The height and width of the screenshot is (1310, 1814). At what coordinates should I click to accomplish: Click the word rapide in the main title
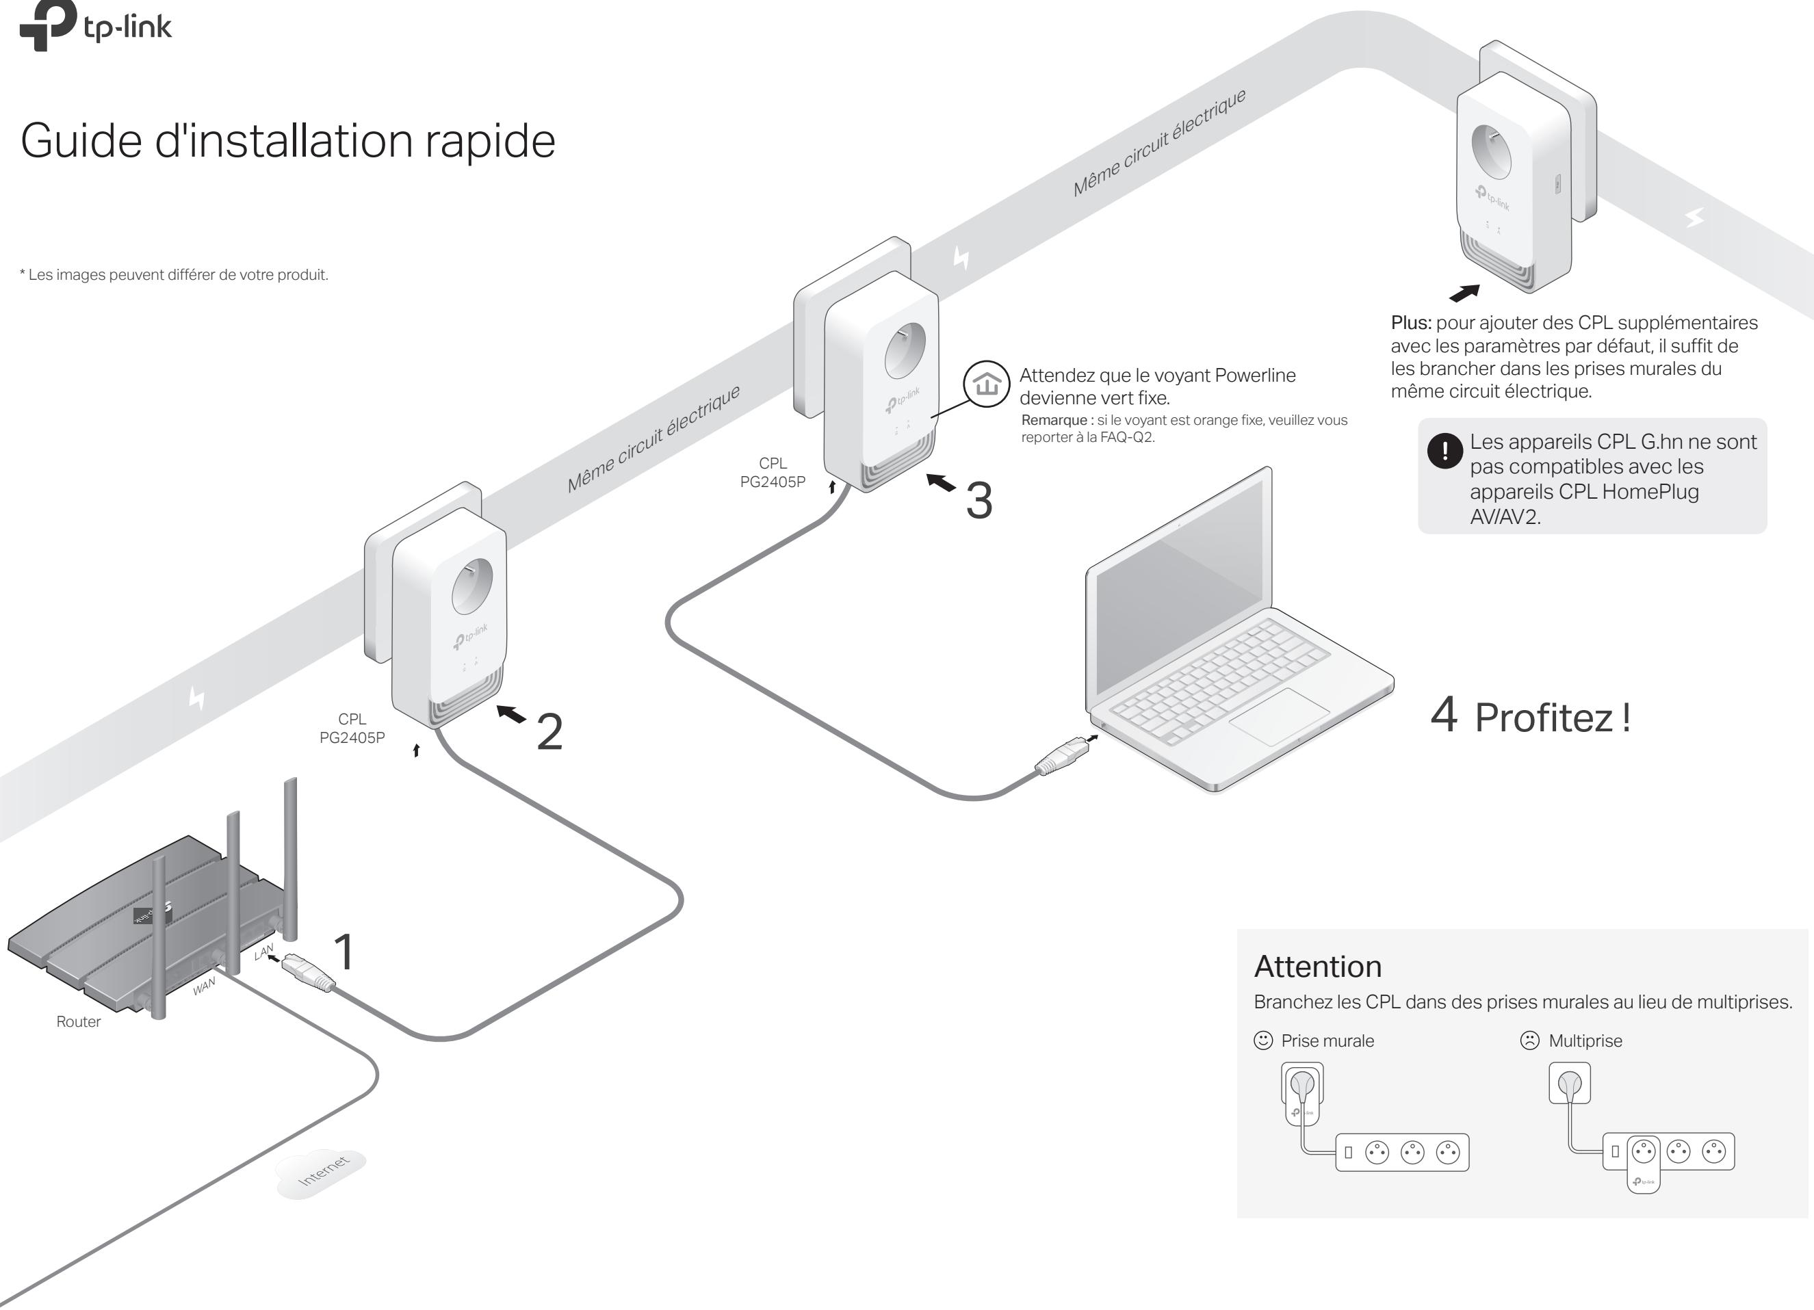click(x=489, y=142)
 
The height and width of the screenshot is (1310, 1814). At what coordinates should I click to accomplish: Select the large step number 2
click(x=549, y=732)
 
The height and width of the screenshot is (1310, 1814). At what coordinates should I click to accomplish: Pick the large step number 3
click(x=979, y=501)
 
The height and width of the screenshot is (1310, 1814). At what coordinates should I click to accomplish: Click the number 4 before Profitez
click(x=1444, y=714)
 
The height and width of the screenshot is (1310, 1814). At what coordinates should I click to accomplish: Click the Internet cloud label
click(x=322, y=1172)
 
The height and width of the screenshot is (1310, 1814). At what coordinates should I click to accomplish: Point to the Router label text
click(x=79, y=1021)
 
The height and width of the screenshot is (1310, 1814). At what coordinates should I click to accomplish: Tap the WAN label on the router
click(x=204, y=986)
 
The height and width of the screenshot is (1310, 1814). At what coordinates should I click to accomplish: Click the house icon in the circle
click(x=987, y=384)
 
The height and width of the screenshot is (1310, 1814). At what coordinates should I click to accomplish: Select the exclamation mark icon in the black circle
click(x=1444, y=451)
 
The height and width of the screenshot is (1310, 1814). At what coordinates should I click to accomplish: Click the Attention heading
click(x=1317, y=966)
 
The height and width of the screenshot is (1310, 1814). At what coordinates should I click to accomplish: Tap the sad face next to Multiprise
click(x=1529, y=1040)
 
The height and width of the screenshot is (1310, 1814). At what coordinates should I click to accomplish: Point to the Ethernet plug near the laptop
click(x=1060, y=757)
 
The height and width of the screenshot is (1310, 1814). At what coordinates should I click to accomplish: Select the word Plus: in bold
click(x=1411, y=323)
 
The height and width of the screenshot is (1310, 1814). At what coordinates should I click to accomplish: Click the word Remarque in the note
click(x=1053, y=421)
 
